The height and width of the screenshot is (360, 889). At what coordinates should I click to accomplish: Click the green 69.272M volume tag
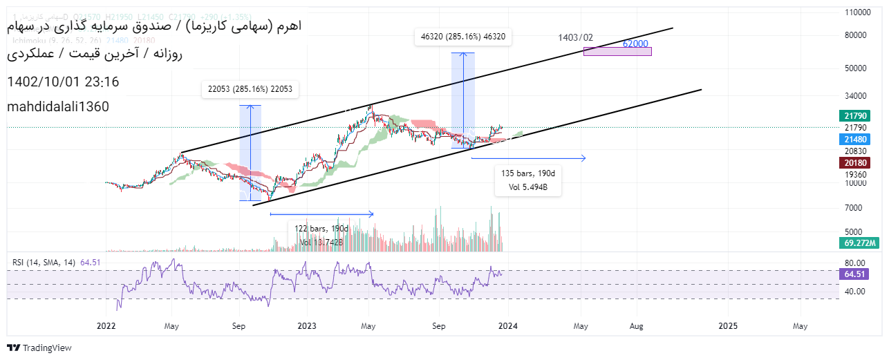pyautogui.click(x=859, y=243)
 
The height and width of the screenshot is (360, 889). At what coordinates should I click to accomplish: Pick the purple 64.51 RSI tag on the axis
pyautogui.click(x=855, y=274)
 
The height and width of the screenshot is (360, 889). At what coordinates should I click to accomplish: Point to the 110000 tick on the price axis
pyautogui.click(x=858, y=12)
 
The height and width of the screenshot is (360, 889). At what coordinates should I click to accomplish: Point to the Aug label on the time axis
pyautogui.click(x=637, y=325)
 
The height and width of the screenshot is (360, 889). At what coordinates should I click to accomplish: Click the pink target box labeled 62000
pyautogui.click(x=617, y=51)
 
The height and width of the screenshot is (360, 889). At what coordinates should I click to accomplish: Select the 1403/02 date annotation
pyautogui.click(x=576, y=37)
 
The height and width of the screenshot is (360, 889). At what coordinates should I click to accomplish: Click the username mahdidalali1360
pyautogui.click(x=57, y=107)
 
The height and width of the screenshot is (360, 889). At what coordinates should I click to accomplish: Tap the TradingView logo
pyautogui.click(x=39, y=348)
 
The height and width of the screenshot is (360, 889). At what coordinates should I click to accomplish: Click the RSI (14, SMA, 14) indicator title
pyautogui.click(x=44, y=262)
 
